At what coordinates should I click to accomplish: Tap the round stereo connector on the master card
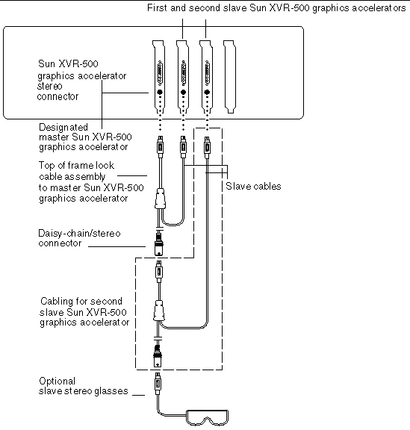[160, 93]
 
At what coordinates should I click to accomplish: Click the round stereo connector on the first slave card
[183, 93]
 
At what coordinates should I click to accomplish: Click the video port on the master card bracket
[160, 74]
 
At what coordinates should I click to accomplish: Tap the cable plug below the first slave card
[183, 144]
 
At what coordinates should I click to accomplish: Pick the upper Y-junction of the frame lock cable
[160, 200]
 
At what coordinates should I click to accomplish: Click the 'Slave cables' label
[253, 186]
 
